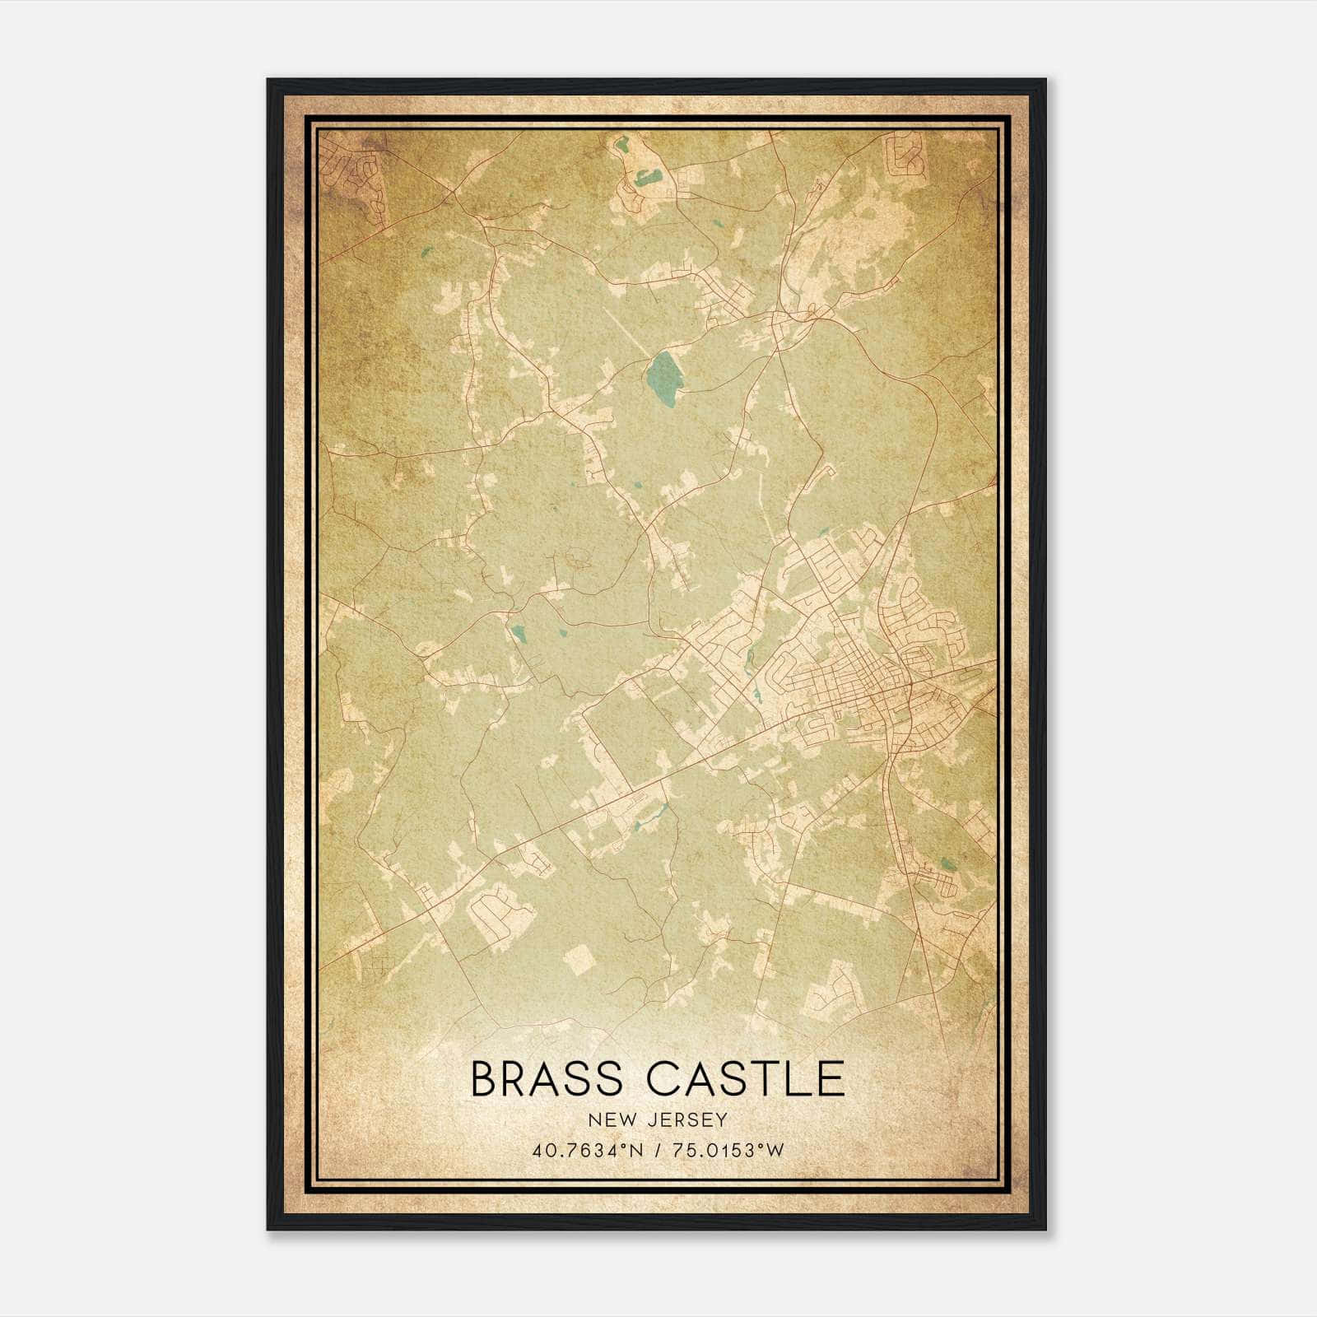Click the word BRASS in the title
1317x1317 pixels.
click(550, 1079)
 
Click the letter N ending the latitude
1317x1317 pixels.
click(640, 1150)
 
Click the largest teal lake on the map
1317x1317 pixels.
click(661, 377)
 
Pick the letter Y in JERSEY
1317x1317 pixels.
click(722, 1119)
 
